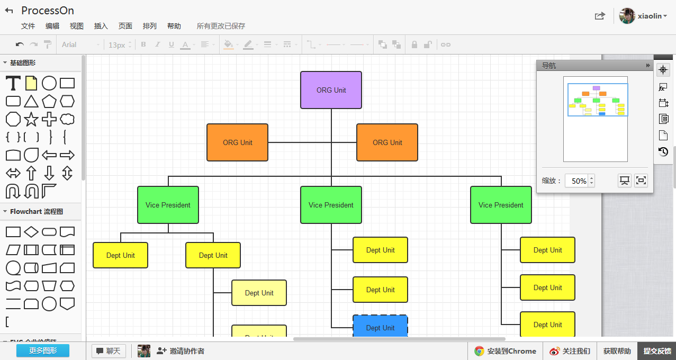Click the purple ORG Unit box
click(331, 90)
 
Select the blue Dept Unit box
click(380, 327)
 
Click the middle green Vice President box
click(331, 205)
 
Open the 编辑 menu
click(52, 26)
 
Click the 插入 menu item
click(101, 26)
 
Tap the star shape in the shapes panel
click(31, 119)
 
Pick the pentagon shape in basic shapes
click(49, 101)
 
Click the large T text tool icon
click(13, 83)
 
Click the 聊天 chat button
click(108, 351)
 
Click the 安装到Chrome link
click(506, 351)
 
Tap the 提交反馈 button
click(657, 351)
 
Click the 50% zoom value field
click(577, 181)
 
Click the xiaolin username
click(650, 16)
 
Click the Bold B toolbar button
click(143, 44)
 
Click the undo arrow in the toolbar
click(20, 44)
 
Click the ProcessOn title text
click(48, 11)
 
